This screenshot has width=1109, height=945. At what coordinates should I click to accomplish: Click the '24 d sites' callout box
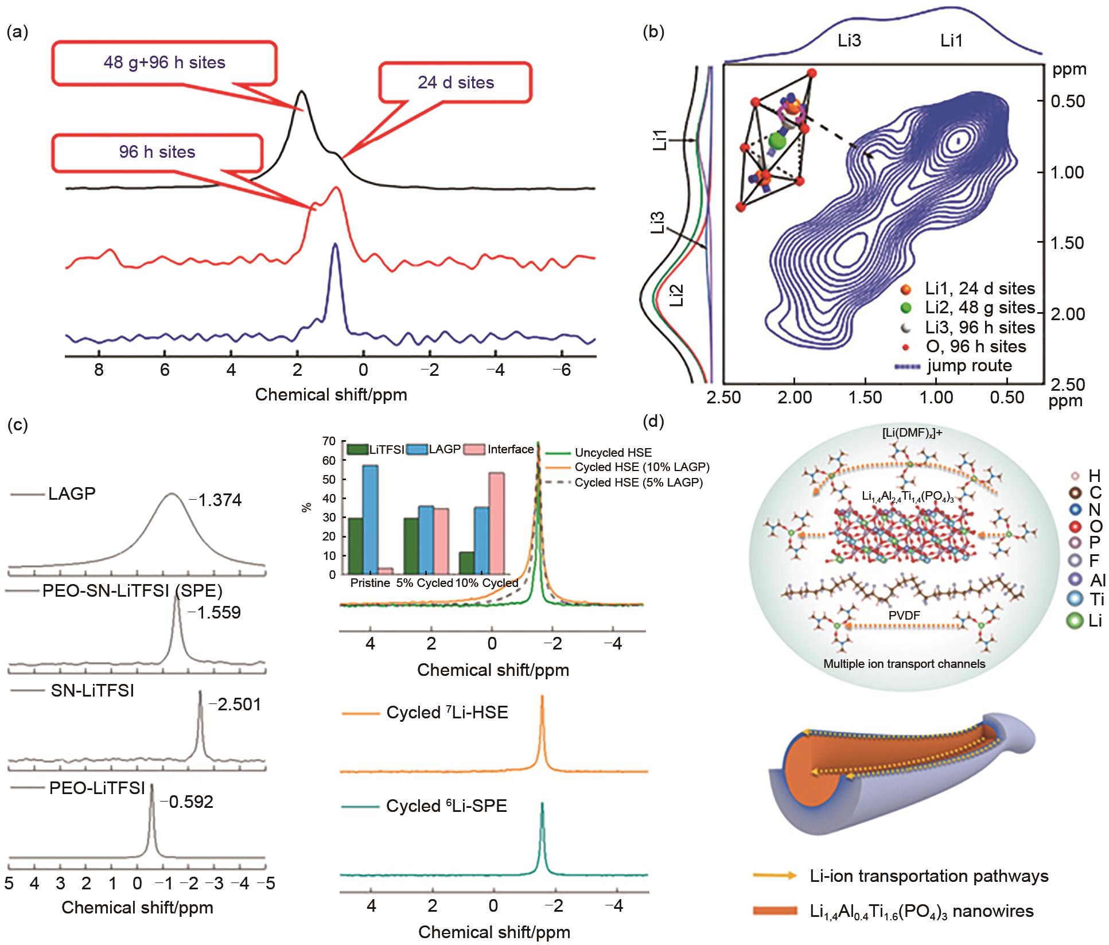click(x=456, y=83)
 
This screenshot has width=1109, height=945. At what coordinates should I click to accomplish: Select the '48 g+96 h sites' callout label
click(x=165, y=63)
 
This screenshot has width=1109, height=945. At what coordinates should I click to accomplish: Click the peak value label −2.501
click(x=235, y=704)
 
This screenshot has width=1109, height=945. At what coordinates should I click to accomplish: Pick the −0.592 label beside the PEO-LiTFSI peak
click(x=186, y=802)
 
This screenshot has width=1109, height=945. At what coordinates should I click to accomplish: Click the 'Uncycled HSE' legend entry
click(x=613, y=453)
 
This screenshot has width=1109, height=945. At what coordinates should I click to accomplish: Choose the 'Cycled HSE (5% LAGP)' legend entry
click(x=639, y=483)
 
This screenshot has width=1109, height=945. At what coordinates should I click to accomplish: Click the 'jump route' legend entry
click(x=969, y=365)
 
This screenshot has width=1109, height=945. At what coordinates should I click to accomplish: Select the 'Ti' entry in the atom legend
click(x=1096, y=600)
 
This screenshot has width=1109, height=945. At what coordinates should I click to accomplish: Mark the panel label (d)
click(x=654, y=422)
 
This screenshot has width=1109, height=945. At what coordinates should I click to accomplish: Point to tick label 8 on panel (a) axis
click(x=99, y=370)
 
